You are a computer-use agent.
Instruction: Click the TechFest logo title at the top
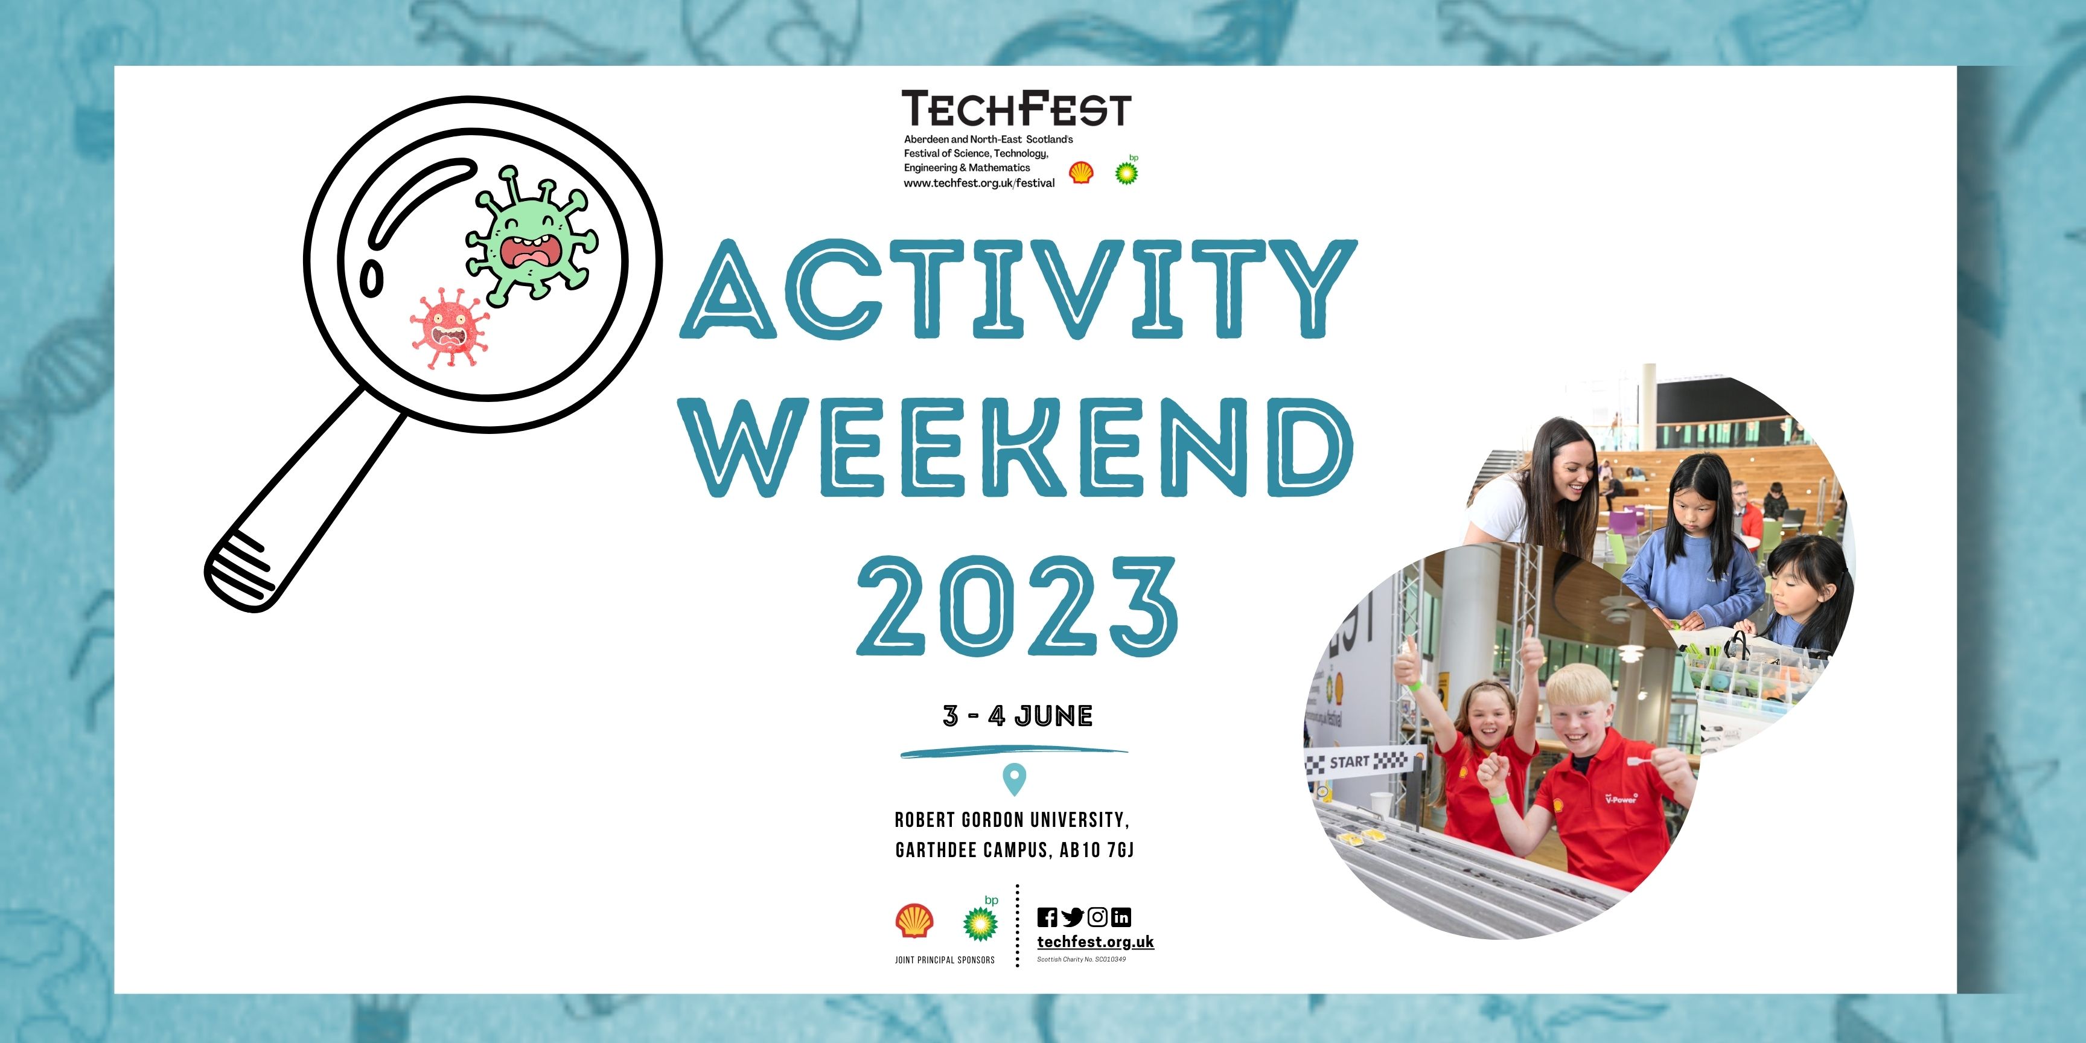1016,109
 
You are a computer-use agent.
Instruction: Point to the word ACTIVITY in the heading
1019,289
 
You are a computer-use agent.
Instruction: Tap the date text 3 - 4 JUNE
1018,716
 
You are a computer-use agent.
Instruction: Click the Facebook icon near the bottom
1047,917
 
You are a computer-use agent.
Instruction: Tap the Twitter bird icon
1072,917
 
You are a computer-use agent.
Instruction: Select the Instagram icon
1097,917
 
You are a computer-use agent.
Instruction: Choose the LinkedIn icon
1121,917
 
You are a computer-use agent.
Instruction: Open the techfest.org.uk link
1096,942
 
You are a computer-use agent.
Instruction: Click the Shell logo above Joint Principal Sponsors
914,922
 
